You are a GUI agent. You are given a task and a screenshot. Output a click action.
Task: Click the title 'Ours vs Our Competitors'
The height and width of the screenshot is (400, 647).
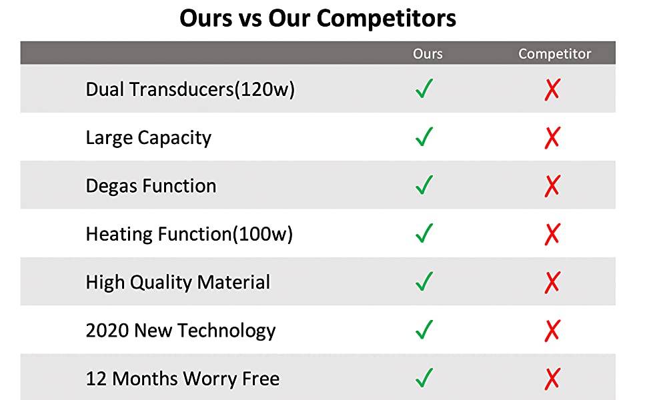point(317,19)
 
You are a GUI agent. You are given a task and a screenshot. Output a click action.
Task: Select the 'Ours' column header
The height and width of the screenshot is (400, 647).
point(428,53)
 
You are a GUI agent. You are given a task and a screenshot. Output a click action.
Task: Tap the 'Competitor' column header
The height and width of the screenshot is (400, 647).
point(554,53)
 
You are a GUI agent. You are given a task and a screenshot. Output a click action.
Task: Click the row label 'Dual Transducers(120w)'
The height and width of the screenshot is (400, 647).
point(190,89)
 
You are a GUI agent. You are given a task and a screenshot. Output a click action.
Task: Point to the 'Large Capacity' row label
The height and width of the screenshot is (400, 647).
point(149,138)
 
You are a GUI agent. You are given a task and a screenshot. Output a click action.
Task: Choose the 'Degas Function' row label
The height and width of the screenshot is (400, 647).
point(151,186)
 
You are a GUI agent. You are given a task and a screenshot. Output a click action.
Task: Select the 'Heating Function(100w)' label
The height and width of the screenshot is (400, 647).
point(189,234)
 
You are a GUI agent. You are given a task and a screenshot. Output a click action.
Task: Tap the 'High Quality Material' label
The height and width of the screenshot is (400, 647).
point(178,282)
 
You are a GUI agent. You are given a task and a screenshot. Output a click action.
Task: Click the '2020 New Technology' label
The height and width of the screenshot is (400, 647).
point(180,331)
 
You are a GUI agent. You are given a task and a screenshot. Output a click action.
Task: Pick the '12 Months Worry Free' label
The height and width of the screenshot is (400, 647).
point(182,379)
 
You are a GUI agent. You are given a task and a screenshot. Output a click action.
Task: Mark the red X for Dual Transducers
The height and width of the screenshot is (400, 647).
point(552,89)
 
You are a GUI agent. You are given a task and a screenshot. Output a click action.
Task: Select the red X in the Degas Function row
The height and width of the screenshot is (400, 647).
point(552,186)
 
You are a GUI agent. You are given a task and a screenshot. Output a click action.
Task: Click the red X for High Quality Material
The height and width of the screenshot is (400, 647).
point(552,283)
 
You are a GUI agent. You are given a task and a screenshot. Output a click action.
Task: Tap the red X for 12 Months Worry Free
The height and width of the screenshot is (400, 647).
point(552,379)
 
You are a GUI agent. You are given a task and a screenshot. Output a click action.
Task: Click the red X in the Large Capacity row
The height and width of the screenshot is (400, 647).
point(552,138)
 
